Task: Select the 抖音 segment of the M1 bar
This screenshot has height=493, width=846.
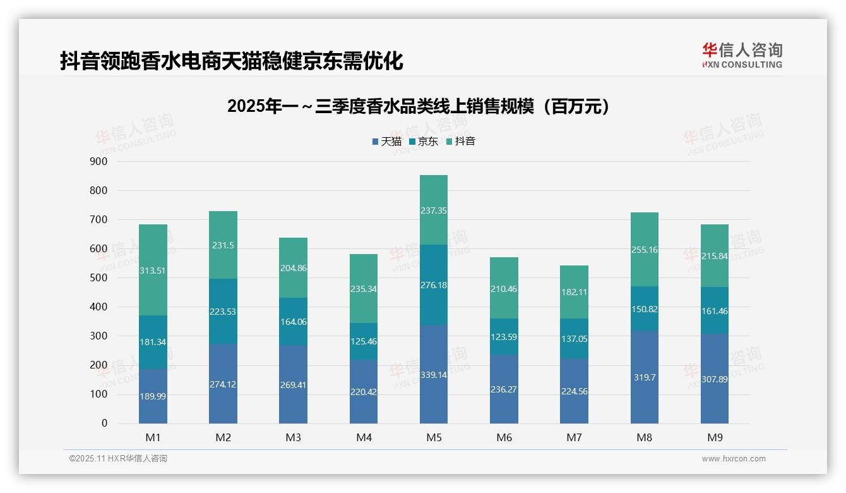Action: (x=153, y=253)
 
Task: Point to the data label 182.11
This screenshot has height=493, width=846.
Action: (x=574, y=292)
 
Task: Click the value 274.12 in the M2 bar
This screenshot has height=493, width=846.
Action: (x=223, y=384)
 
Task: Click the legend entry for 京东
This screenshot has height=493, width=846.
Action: (x=424, y=142)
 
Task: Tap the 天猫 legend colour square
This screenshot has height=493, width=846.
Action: (x=376, y=142)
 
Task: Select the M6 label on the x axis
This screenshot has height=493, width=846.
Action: (x=504, y=437)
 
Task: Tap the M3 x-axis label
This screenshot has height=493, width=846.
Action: (x=293, y=437)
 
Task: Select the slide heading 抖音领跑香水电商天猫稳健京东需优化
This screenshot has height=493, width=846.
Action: (x=231, y=61)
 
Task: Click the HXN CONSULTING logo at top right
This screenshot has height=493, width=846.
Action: (x=742, y=56)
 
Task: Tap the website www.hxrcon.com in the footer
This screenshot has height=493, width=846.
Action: (x=733, y=459)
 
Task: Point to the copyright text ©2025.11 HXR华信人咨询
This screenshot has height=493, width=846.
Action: (x=118, y=459)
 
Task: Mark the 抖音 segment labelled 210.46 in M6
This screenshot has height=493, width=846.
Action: (x=504, y=289)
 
